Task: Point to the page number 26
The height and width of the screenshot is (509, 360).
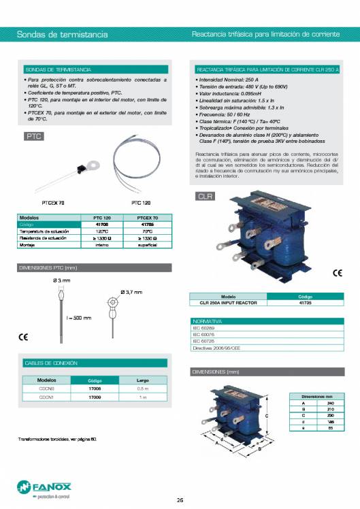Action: (180, 500)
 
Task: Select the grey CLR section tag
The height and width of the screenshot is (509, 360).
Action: (206, 197)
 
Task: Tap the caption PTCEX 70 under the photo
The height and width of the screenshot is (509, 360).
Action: (53, 202)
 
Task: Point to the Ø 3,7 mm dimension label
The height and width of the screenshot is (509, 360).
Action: (131, 292)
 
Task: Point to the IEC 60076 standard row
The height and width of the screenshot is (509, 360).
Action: (204, 335)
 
